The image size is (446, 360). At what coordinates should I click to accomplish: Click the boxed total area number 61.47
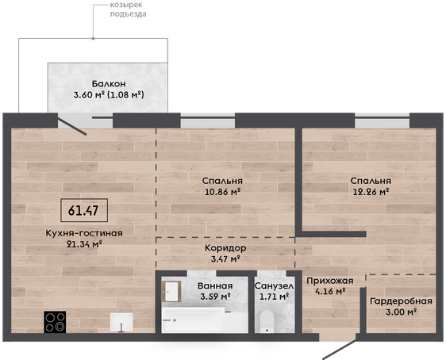coord(83,210)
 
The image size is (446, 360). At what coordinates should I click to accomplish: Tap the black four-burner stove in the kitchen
coord(55,322)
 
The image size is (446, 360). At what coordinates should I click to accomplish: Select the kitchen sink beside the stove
coord(121,322)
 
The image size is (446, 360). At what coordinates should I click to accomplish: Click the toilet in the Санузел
coord(267,321)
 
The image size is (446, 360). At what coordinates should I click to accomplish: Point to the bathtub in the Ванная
coord(205,320)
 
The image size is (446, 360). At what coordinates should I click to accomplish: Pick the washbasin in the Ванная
coord(171,292)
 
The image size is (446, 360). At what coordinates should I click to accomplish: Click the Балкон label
coord(109,84)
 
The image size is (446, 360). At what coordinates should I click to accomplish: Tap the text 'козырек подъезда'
coord(129,10)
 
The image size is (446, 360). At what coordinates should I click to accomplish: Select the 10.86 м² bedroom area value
coord(223,192)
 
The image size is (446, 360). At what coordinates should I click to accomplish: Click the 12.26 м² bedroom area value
coord(371,192)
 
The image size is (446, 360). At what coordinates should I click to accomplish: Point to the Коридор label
coord(225,248)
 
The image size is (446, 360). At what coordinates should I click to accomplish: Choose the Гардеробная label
coord(401,301)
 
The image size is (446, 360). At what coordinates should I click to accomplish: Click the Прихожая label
coord(330,281)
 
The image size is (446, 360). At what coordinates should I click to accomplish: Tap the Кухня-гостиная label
coord(84,233)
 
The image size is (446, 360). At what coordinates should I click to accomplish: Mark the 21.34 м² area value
coord(84,243)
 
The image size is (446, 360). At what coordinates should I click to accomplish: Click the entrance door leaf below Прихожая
coord(339,349)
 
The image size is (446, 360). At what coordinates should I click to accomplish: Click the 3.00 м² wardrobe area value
coord(401,312)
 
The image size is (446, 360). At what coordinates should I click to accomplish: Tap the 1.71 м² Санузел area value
coord(275,297)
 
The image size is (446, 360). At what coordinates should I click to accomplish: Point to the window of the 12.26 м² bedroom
coord(382,121)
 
